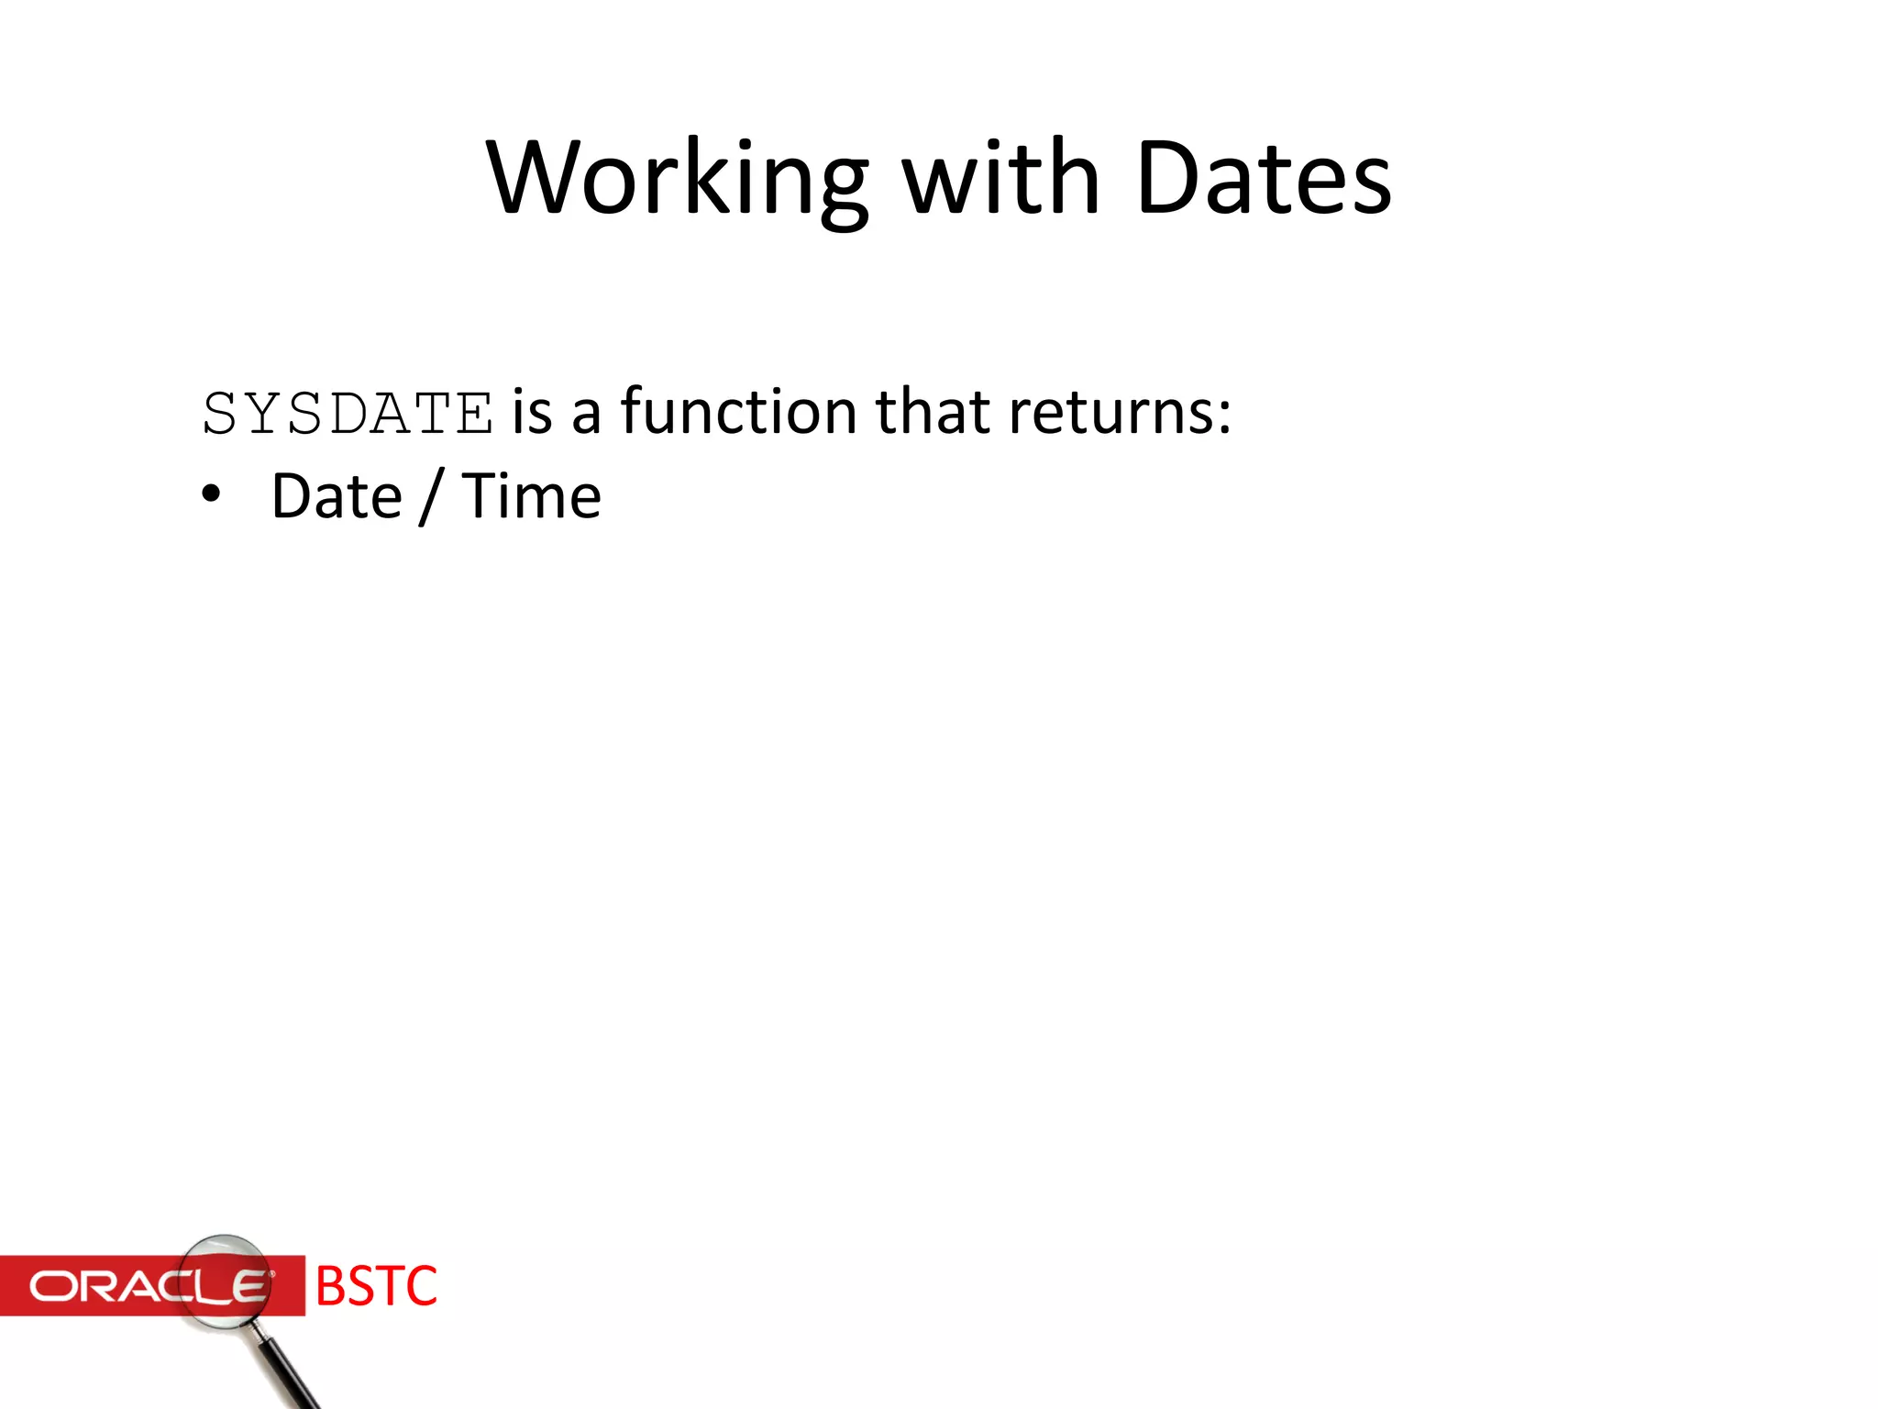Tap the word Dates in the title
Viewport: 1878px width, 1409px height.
1264,178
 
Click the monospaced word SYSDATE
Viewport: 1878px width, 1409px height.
348,414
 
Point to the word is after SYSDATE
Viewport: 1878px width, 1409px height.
533,412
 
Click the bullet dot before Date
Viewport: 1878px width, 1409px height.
212,495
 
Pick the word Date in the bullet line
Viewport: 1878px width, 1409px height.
337,496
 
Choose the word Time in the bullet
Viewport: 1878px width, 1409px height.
531,496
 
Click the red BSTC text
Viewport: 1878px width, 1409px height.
376,1286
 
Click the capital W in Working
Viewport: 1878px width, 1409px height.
532,178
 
